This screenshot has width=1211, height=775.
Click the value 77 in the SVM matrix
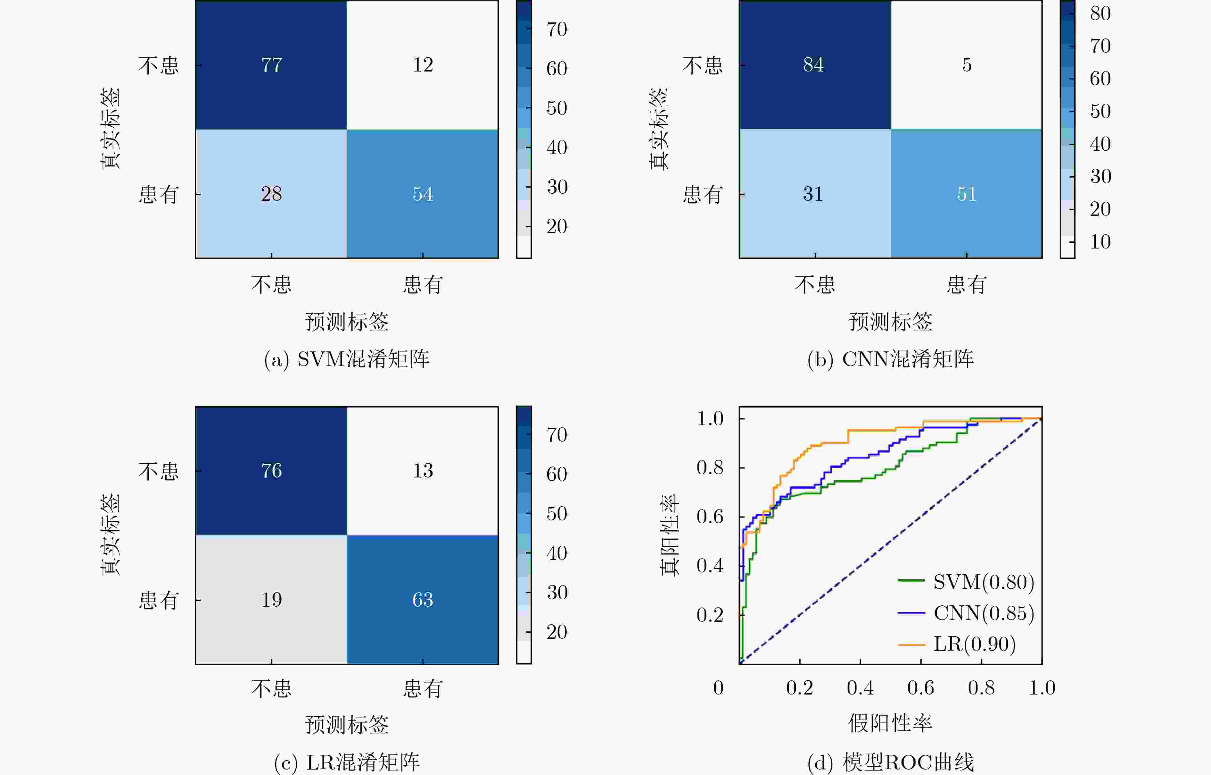click(272, 65)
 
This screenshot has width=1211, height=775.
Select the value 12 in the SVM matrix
click(423, 65)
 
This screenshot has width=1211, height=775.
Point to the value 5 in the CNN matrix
click(967, 65)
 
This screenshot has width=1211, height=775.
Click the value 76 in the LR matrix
click(272, 470)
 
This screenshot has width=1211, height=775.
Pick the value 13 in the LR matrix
click(423, 470)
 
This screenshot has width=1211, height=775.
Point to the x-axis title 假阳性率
click(890, 723)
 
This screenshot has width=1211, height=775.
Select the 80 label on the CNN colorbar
click(1100, 13)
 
